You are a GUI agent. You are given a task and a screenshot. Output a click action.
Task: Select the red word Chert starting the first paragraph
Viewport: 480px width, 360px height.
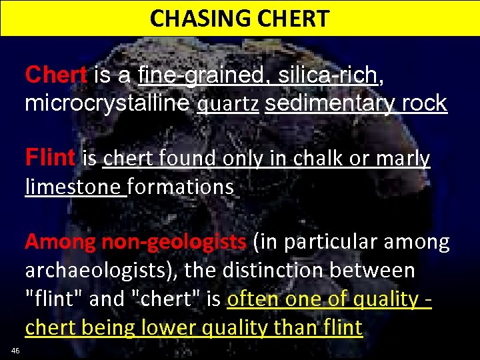55,75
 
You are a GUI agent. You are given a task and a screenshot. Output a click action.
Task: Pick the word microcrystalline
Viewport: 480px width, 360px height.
107,103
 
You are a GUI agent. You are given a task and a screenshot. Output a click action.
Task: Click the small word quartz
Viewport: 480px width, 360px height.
228,105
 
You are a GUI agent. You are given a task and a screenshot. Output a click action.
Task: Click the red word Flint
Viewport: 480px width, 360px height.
50,159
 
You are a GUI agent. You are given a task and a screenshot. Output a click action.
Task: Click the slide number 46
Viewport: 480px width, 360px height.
15,351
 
